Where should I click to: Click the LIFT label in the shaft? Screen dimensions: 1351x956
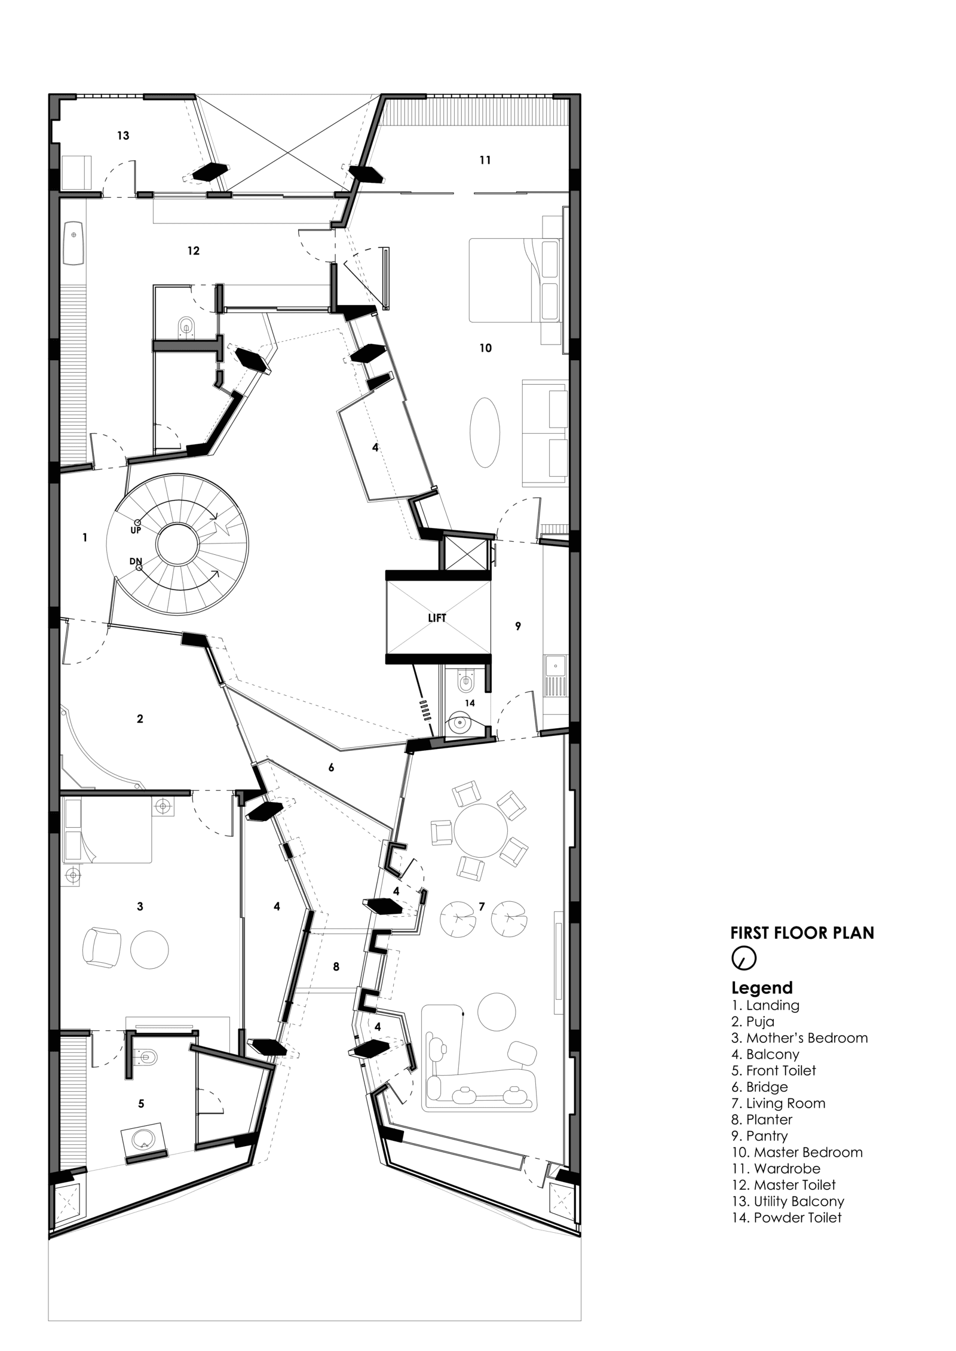click(x=437, y=619)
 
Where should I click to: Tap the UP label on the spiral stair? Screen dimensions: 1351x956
click(x=136, y=530)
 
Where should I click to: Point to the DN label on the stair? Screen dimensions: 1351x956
click(x=136, y=561)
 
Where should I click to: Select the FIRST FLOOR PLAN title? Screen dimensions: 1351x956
click(x=802, y=933)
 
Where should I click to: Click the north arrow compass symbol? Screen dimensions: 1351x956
click(x=744, y=958)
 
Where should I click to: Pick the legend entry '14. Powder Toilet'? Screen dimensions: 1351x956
click(x=786, y=1218)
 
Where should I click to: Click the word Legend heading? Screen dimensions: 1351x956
click(x=762, y=988)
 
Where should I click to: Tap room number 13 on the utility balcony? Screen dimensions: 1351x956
click(x=123, y=136)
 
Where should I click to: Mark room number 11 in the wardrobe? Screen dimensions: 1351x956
click(x=485, y=160)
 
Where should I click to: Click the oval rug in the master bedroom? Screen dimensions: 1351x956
click(x=485, y=432)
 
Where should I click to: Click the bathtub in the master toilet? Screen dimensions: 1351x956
click(x=74, y=243)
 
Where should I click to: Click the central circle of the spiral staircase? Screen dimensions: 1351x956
click(x=177, y=545)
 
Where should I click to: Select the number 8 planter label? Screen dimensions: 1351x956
click(x=336, y=966)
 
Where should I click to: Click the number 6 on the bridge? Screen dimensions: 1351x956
click(x=331, y=767)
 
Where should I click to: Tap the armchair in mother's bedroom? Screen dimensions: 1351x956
click(x=100, y=948)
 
